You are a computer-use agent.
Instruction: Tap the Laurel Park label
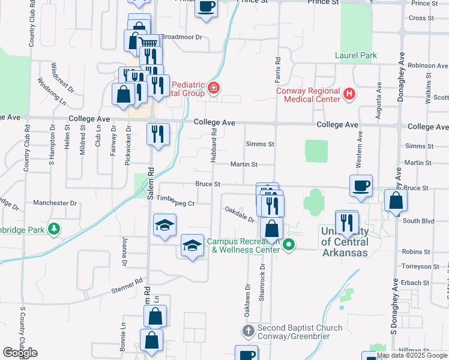[356, 56]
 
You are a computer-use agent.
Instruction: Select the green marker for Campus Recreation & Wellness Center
[289, 244]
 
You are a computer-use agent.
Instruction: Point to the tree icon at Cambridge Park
[53, 229]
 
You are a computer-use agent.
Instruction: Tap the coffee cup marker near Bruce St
[361, 185]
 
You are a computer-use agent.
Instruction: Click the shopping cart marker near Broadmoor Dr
[149, 44]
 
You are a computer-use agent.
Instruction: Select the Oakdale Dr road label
[240, 212]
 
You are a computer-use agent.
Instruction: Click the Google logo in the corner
[20, 352]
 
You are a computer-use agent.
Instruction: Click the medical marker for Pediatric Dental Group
[213, 89]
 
